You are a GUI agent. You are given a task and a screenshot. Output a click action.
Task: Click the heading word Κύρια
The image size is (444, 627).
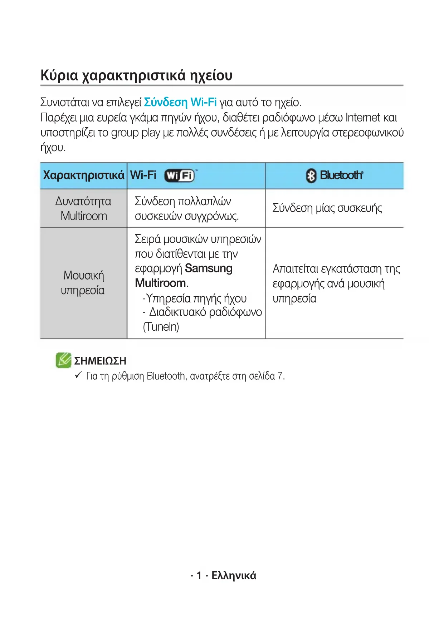click(59, 75)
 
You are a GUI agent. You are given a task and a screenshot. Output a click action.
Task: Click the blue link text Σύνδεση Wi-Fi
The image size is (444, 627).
click(180, 102)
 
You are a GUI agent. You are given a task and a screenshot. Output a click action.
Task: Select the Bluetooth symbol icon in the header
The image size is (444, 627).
click(311, 176)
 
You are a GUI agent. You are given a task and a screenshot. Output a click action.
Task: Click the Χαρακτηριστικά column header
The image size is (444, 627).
click(84, 175)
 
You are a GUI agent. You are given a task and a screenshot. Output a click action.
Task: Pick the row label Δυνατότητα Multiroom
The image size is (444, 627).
click(84, 208)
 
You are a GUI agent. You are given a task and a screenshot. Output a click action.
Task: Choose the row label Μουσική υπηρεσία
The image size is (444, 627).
click(83, 283)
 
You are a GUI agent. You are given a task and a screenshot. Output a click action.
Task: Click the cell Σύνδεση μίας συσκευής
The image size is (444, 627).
click(327, 208)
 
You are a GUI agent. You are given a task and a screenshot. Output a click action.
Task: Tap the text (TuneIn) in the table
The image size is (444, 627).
click(161, 327)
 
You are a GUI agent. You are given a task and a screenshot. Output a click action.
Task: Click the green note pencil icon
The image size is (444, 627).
click(63, 360)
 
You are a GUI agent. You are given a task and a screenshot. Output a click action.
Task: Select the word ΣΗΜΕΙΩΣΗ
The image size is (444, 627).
click(100, 361)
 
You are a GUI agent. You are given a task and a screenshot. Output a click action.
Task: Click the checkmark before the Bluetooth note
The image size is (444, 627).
click(78, 375)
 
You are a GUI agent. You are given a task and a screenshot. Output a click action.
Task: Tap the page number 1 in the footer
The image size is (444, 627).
click(199, 576)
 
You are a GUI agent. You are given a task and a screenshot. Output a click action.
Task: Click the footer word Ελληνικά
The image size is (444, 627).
click(234, 576)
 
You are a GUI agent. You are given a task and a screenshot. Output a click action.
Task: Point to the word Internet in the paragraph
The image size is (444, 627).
click(363, 118)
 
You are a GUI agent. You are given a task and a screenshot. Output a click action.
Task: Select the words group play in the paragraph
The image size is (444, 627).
click(136, 133)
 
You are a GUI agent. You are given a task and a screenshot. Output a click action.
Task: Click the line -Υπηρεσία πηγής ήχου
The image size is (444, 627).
click(195, 298)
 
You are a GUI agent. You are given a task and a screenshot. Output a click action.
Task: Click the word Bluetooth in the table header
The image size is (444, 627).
click(341, 175)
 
